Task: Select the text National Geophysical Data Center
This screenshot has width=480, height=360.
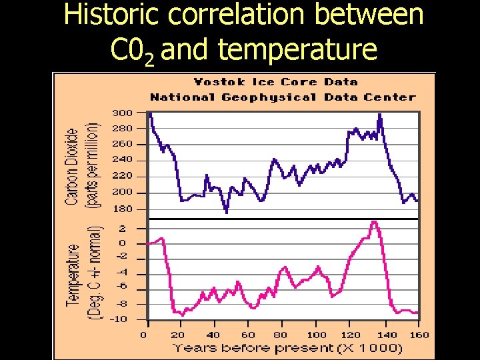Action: click(x=283, y=97)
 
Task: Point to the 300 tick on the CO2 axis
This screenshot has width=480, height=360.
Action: click(x=122, y=112)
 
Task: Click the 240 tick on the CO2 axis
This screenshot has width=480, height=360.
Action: click(x=122, y=160)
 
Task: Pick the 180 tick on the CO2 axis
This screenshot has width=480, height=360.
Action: click(x=122, y=209)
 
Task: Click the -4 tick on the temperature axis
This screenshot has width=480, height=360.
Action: click(x=122, y=273)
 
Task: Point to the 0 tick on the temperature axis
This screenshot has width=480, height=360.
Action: click(x=123, y=243)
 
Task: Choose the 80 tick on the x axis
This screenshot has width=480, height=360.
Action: click(x=281, y=334)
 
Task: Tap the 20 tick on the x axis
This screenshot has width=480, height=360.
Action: click(x=177, y=334)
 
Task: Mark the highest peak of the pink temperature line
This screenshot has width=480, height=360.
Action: click(x=375, y=222)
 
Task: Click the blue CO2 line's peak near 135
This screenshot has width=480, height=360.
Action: click(x=380, y=115)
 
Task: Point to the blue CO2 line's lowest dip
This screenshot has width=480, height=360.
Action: click(x=227, y=212)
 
